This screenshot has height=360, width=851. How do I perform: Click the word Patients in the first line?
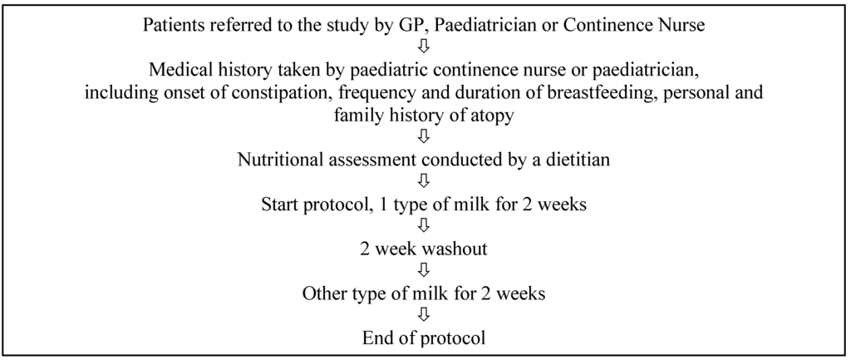(169, 26)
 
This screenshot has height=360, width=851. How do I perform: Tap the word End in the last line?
(376, 338)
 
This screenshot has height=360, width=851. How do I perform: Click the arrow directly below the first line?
(425, 46)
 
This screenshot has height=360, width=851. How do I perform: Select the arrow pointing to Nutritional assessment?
(425, 136)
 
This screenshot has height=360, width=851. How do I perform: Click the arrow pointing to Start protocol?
(425, 180)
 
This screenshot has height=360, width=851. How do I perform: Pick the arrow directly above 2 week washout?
(425, 224)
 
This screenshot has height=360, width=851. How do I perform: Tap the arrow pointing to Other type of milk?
(425, 269)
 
